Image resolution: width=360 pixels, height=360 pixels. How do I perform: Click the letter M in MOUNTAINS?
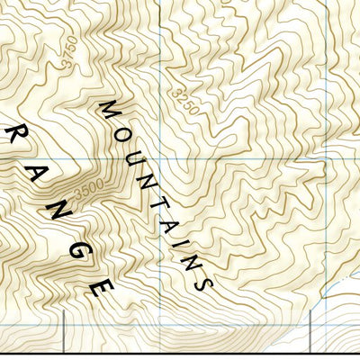coord(108,110)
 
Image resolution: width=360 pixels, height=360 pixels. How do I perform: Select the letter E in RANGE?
coord(103,288)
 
